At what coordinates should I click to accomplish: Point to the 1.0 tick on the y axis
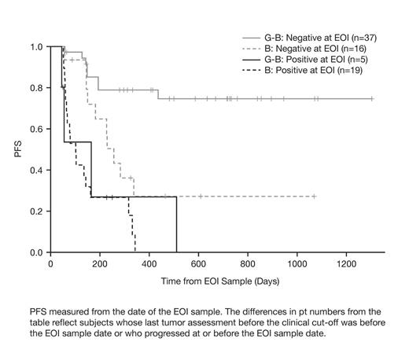click(36, 47)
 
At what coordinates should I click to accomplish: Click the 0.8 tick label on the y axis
click(36, 88)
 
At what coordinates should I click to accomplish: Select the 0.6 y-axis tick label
click(36, 130)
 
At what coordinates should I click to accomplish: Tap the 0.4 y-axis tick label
click(36, 171)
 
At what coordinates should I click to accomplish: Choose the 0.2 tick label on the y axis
click(36, 212)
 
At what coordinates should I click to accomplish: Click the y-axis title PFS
click(17, 149)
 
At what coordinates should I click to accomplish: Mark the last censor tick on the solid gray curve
click(371, 99)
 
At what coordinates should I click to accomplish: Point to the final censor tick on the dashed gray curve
click(315, 197)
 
